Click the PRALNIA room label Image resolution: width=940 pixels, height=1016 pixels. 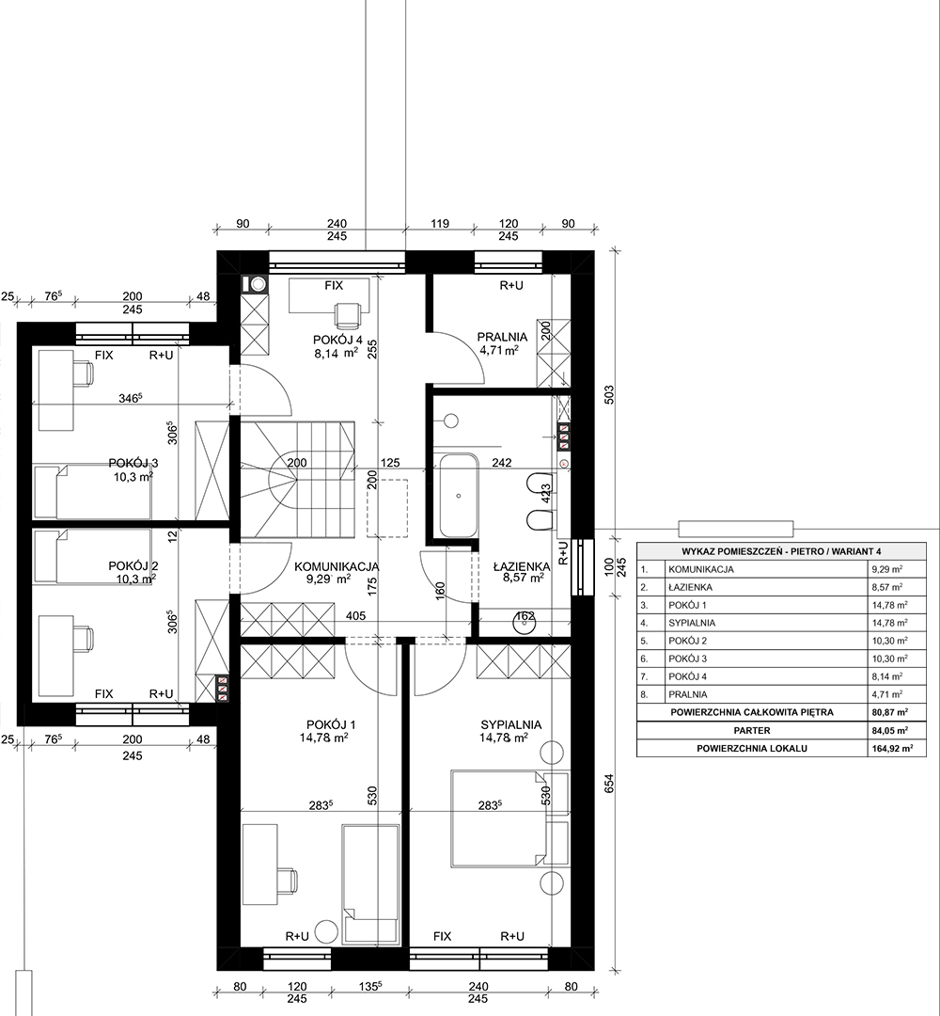click(502, 337)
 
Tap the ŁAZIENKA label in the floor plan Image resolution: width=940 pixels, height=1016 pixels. click(521, 566)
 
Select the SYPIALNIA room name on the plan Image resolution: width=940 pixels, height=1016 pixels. click(510, 725)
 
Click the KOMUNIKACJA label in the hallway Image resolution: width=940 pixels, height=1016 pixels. click(336, 567)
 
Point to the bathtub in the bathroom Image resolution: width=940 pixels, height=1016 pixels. click(459, 497)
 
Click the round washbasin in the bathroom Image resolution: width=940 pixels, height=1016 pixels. click(524, 624)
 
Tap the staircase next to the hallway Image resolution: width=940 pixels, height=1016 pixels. click(298, 479)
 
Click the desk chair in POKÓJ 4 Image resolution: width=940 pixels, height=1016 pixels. click(348, 315)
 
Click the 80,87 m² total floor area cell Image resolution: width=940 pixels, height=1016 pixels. click(890, 712)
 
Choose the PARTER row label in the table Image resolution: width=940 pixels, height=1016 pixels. click(752, 730)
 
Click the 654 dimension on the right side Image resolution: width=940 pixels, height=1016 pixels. click(608, 784)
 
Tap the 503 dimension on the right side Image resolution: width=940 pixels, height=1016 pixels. click(608, 396)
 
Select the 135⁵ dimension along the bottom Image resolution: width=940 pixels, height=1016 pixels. click(370, 987)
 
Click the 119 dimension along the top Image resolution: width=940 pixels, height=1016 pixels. click(440, 224)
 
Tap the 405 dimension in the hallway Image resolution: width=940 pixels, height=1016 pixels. click(355, 615)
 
